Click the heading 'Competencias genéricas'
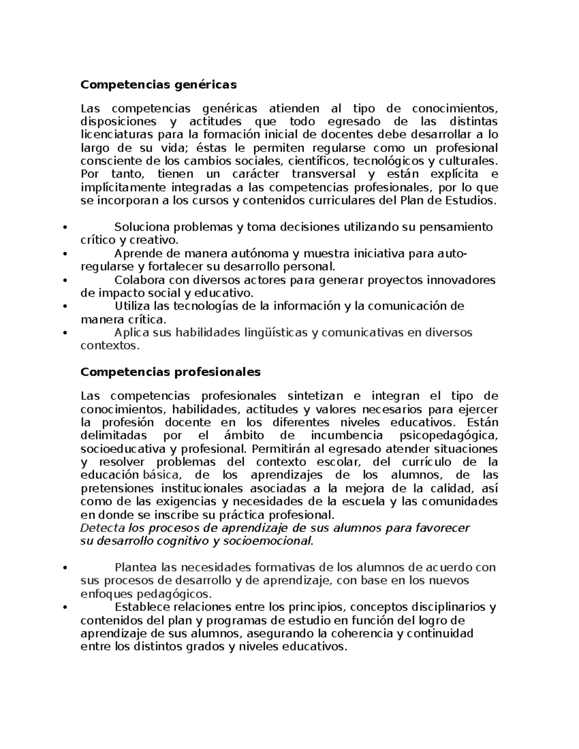159,85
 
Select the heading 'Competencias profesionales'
170,372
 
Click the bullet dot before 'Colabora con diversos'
65,280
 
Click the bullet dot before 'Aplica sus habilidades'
65,333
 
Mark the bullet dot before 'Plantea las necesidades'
65,568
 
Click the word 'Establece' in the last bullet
139,607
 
